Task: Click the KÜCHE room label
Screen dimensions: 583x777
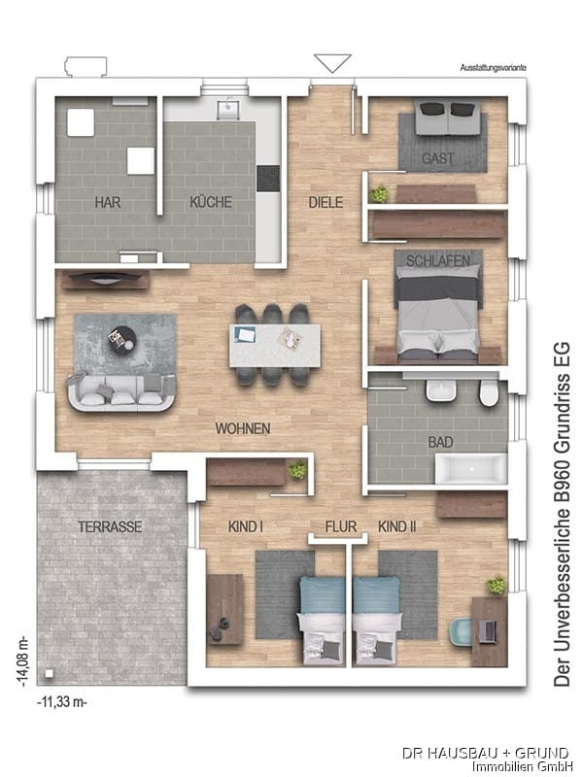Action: coord(211,202)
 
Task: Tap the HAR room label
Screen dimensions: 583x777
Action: coord(108,202)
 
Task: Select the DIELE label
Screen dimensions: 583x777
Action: coord(326,202)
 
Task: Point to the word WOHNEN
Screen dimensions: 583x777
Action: coord(243,428)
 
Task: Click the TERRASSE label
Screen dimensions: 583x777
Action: coord(110,526)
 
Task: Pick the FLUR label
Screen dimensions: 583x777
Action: coord(341,526)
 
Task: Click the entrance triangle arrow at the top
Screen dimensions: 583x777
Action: coord(332,63)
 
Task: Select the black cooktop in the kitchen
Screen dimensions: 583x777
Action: coord(268,178)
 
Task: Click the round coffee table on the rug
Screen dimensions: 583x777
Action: coord(122,340)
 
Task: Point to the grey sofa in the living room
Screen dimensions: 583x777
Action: coord(121,392)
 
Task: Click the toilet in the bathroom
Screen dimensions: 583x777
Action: coord(489,394)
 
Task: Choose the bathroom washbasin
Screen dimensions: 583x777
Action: coord(441,392)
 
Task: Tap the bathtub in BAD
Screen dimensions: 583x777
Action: coord(471,469)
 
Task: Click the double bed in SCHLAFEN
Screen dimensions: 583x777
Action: coord(438,308)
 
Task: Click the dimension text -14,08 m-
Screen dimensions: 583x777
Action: coord(22,662)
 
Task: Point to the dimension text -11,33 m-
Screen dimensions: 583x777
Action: coord(62,702)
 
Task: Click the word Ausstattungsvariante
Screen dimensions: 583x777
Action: coord(493,68)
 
